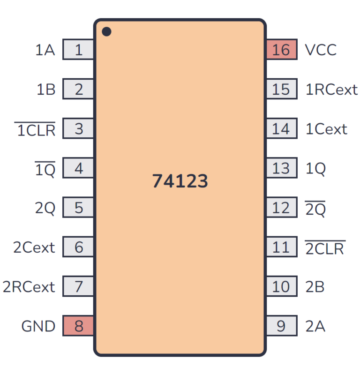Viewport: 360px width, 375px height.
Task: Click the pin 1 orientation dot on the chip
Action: click(x=107, y=32)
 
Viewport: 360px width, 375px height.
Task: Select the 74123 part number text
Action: click(x=180, y=181)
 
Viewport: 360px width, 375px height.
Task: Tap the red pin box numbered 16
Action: click(x=281, y=50)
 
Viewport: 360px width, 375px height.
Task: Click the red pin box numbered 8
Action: click(x=78, y=326)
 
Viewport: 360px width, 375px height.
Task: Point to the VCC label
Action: click(x=321, y=50)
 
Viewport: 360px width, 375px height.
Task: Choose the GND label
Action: click(x=38, y=326)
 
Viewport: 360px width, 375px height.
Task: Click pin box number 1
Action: click(x=78, y=50)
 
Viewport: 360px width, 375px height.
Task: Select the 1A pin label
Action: click(x=45, y=50)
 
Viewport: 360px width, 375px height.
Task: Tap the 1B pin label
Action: click(x=46, y=90)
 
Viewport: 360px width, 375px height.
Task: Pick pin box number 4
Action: click(x=78, y=168)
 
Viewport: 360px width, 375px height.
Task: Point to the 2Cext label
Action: click(x=34, y=247)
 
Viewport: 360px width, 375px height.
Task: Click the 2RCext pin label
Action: click(x=29, y=286)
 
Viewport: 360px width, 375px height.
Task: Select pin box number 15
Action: click(x=281, y=89)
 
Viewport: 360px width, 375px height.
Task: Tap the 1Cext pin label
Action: click(x=326, y=129)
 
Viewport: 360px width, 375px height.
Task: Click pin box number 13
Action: click(x=281, y=168)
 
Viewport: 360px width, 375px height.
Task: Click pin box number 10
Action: click(x=281, y=286)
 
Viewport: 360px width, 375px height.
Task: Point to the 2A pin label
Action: click(x=315, y=326)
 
